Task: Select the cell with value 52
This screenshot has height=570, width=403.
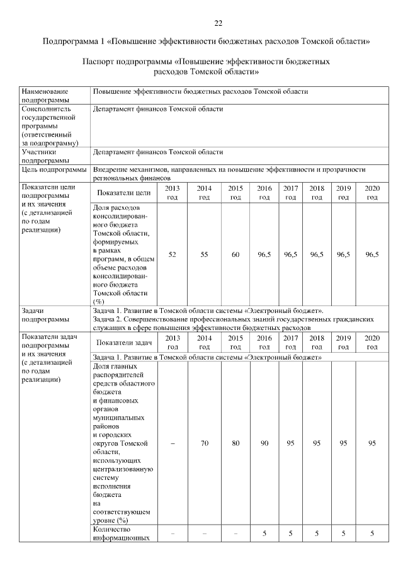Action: coord(172,254)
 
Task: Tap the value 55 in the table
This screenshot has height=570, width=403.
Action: coord(204,254)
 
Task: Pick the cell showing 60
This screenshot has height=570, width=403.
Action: coord(236,254)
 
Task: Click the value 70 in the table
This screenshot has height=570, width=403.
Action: coord(204,443)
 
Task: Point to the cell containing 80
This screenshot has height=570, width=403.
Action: coord(236,443)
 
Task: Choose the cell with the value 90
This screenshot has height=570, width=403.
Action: coord(264,443)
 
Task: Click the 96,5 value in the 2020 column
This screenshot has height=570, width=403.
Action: coord(372,254)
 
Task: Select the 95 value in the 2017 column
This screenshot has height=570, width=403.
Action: coord(290,443)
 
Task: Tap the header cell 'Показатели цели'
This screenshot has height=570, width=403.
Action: coord(124,193)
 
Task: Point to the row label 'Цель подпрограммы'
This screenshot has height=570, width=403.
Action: coord(54,169)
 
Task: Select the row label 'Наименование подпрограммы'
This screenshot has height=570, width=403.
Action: coord(45,96)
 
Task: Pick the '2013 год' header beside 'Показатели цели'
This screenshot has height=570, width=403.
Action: coord(172,193)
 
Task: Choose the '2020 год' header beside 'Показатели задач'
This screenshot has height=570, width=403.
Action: coord(372,343)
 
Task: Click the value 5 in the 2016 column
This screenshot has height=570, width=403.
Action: coord(264,534)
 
